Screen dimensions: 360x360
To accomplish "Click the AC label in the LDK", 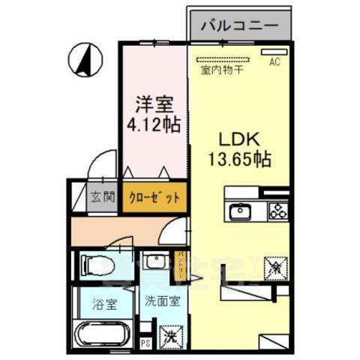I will [274, 62].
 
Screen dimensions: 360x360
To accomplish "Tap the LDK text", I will [238, 140].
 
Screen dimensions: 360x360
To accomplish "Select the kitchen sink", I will [241, 210].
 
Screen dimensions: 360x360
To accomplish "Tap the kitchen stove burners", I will [278, 210].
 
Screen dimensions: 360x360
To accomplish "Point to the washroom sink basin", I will [157, 263].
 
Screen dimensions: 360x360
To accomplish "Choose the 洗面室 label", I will [163, 304].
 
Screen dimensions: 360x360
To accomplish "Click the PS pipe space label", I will [145, 345].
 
